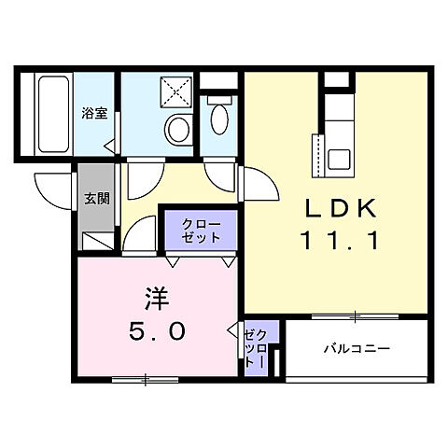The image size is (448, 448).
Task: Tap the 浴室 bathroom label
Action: click(93, 114)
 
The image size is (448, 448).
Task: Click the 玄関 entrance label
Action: click(96, 198)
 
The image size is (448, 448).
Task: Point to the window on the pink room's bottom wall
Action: click(144, 379)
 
